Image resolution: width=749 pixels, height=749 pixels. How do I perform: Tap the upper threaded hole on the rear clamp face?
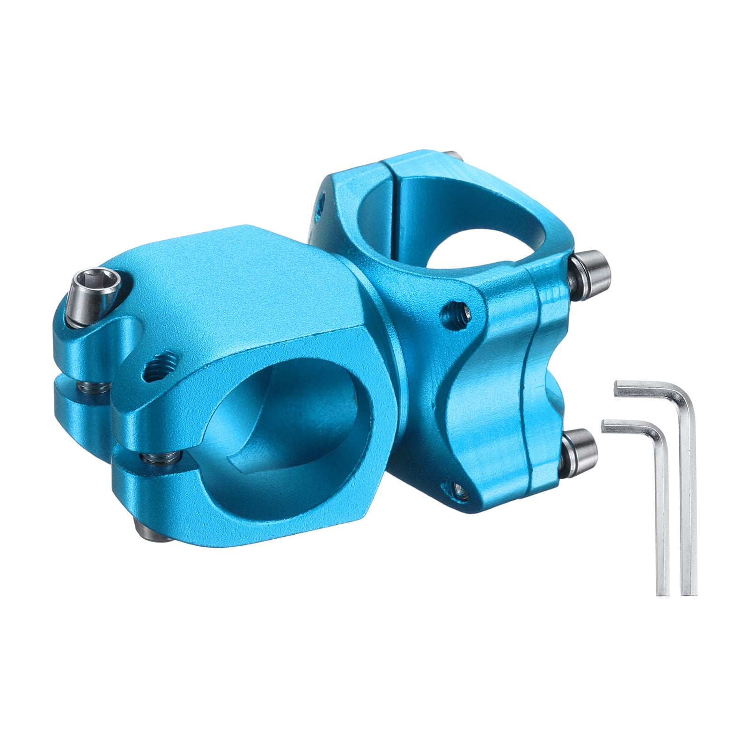[x=456, y=311]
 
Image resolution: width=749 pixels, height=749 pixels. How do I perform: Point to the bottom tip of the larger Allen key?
[x=688, y=592]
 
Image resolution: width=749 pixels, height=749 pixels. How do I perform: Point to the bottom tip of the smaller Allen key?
[x=663, y=593]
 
